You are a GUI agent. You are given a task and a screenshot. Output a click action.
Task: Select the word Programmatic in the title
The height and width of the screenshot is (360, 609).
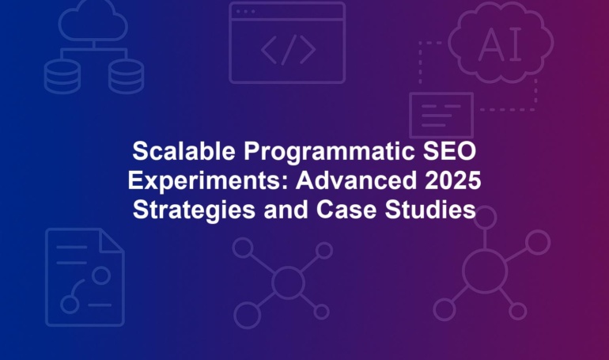pyautogui.click(x=329, y=152)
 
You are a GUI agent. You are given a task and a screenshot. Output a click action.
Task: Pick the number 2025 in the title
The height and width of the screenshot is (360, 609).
pyautogui.click(x=453, y=180)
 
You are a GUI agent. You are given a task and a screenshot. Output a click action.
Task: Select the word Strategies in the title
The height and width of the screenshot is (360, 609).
pyautogui.click(x=194, y=210)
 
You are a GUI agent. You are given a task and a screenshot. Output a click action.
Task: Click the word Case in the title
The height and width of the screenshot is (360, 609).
pyautogui.click(x=346, y=210)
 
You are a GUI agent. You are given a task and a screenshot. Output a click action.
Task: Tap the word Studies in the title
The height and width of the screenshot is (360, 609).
pyautogui.click(x=430, y=210)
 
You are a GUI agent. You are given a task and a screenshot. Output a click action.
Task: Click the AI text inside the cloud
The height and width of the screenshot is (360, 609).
pyautogui.click(x=500, y=44)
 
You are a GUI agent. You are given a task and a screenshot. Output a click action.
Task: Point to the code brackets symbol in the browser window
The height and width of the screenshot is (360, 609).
pyautogui.click(x=288, y=50)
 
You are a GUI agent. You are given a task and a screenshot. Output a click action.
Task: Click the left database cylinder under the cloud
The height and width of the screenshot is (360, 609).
pyautogui.click(x=62, y=77)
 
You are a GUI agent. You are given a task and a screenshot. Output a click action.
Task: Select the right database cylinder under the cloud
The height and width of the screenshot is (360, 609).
pyautogui.click(x=126, y=77)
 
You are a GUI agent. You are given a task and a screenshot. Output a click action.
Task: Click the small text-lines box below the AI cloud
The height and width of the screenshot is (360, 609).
pyautogui.click(x=441, y=115)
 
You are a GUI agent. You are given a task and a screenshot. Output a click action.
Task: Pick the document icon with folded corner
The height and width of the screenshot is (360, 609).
pyautogui.click(x=85, y=277)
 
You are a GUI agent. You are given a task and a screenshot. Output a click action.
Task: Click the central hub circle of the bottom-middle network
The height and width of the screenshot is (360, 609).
pyautogui.click(x=288, y=282)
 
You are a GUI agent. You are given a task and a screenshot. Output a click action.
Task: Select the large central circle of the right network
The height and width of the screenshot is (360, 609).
pyautogui.click(x=485, y=271)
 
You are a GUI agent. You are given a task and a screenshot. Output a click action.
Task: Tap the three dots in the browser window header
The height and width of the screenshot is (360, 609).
pyautogui.click(x=245, y=12)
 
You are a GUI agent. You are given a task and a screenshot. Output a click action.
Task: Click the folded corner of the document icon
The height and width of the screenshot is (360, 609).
pyautogui.click(x=111, y=241)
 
